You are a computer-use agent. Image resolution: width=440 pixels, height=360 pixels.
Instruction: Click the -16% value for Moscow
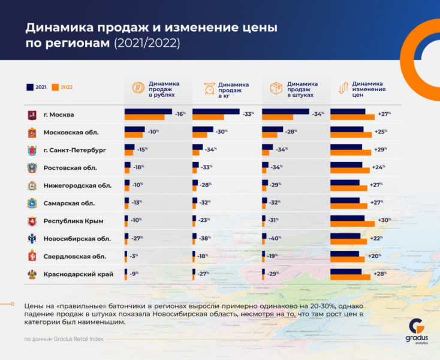(180, 113)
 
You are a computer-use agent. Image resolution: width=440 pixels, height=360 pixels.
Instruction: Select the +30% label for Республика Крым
(385, 220)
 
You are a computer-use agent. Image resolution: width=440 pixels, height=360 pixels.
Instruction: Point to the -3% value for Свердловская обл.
(134, 256)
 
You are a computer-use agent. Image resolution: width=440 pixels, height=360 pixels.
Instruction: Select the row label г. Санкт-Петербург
(74, 150)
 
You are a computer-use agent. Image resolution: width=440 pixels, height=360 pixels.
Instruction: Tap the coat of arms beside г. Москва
(32, 115)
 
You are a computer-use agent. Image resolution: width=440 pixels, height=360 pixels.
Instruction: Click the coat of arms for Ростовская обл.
(32, 168)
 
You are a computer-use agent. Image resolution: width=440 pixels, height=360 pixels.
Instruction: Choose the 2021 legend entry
(37, 87)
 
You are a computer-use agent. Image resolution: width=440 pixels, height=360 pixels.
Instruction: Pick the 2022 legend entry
(62, 87)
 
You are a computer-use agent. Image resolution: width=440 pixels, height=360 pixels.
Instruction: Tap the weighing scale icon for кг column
(209, 89)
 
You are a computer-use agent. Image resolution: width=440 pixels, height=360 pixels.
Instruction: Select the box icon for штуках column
(276, 89)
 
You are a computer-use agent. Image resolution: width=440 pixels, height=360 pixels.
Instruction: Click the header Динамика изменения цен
(369, 89)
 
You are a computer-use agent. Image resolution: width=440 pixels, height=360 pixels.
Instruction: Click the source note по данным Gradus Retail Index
(64, 339)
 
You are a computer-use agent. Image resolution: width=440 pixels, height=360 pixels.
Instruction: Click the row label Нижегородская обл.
(77, 185)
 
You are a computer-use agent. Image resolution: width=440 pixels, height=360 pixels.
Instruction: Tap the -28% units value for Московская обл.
(291, 131)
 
